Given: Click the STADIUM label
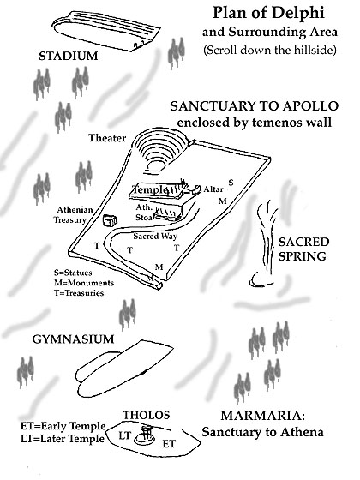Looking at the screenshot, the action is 69,56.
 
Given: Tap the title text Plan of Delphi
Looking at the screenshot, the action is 268,13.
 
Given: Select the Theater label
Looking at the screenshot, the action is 107,138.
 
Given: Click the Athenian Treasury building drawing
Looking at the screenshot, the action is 110,220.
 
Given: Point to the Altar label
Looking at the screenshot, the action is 213,189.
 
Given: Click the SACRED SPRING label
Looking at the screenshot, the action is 303,249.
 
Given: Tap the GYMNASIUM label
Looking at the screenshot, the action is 73,339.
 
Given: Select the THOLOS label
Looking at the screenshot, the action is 147,415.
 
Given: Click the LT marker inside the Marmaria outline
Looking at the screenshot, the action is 124,435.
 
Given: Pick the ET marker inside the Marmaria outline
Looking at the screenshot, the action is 169,444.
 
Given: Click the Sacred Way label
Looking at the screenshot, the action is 155,236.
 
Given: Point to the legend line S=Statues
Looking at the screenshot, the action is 73,273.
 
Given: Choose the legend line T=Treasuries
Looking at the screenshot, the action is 79,293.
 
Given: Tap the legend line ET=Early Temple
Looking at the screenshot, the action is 63,426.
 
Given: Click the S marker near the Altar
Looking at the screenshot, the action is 231,183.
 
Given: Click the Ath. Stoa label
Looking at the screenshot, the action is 144,213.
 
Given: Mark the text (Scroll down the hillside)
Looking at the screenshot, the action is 270,50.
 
